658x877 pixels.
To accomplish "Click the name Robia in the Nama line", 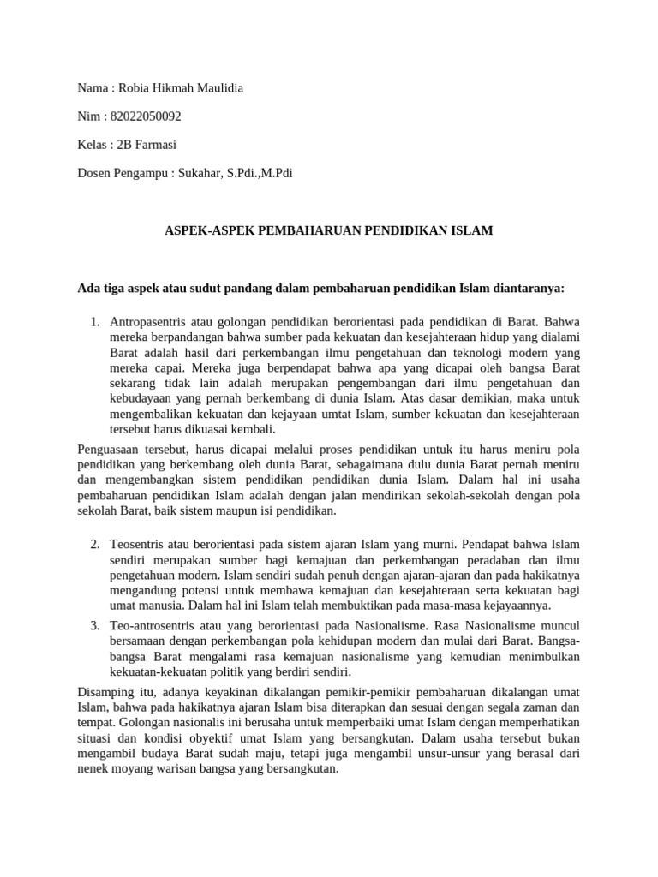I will (x=135, y=88).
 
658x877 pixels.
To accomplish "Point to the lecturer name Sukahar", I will (x=200, y=173).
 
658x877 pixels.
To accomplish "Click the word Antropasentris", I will (x=147, y=322).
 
